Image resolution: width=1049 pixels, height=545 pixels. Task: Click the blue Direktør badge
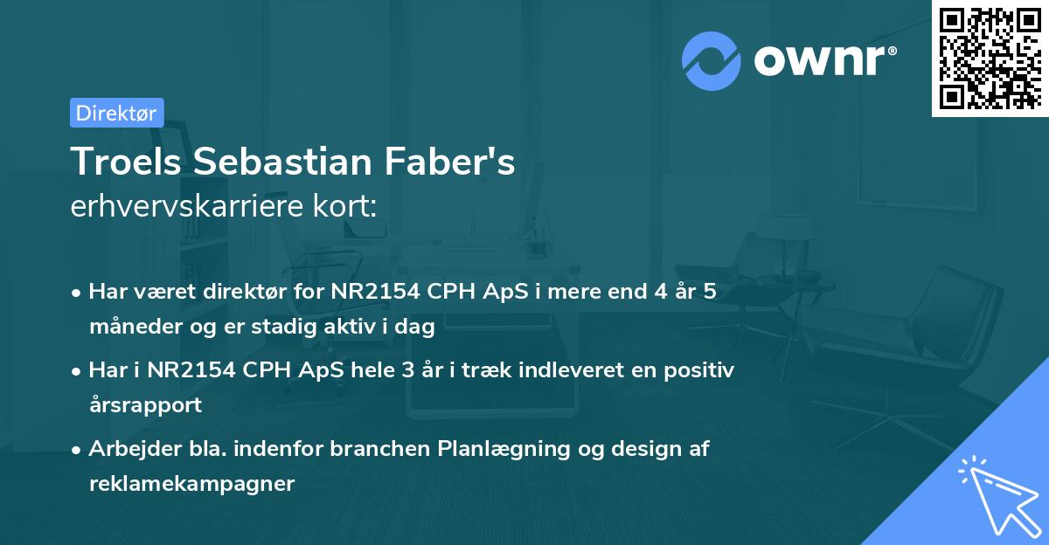(116, 113)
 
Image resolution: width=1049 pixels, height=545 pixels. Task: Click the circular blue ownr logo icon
(712, 60)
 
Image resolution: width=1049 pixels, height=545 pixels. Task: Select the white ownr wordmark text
(824, 60)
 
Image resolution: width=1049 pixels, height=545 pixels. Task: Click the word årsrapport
(145, 404)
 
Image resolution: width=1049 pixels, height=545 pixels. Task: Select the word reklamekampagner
(191, 483)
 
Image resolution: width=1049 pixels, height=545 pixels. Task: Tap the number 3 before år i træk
(407, 370)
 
